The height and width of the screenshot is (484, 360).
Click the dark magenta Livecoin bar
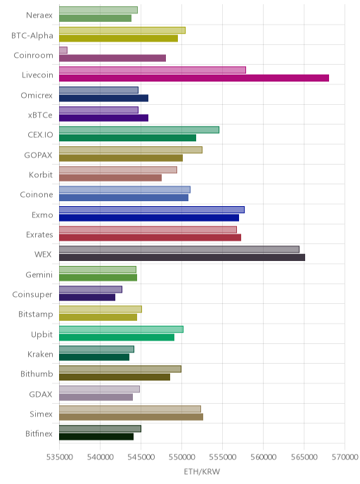[194, 78]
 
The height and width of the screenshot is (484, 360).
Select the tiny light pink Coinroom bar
[63, 50]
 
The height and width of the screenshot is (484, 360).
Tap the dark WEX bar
[182, 257]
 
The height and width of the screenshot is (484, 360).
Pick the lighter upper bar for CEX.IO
[139, 129]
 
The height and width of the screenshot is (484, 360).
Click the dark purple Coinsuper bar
[87, 298]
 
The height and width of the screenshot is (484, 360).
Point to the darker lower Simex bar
[131, 417]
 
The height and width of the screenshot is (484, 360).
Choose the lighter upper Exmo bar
[152, 210]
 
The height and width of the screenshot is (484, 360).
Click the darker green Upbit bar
[117, 338]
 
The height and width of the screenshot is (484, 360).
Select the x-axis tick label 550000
[181, 457]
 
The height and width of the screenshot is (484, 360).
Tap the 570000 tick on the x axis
[345, 457]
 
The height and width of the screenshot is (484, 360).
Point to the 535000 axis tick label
[59, 457]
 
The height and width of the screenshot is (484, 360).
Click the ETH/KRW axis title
[202, 471]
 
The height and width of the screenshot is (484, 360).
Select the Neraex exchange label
[39, 15]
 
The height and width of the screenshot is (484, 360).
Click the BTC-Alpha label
[32, 35]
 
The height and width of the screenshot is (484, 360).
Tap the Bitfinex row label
[39, 433]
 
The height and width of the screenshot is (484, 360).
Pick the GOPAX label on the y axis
[38, 155]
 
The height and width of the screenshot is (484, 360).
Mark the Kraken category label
[40, 354]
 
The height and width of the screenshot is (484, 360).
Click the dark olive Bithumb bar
[115, 377]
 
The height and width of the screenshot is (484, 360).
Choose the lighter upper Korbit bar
[118, 170]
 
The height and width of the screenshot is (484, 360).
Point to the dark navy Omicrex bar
[103, 98]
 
